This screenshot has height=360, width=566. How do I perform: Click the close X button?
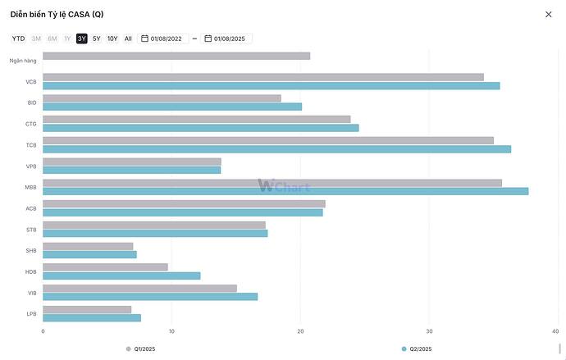(549, 14)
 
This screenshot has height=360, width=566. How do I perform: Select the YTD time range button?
(18, 39)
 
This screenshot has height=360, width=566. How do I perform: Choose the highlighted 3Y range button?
(82, 39)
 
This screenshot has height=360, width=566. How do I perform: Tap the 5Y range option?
(97, 39)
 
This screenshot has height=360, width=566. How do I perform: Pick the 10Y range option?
(112, 39)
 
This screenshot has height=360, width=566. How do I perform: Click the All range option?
(128, 39)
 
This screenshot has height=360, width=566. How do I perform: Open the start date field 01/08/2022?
(164, 39)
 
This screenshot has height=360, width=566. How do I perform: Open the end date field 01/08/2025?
(228, 39)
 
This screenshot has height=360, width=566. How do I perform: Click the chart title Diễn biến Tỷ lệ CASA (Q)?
(57, 14)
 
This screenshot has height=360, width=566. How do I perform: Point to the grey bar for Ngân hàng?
(176, 56)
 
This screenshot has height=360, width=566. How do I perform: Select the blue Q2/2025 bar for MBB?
(285, 191)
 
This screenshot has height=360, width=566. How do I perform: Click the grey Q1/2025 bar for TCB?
(268, 140)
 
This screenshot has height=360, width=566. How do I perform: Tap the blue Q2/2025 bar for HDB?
(121, 276)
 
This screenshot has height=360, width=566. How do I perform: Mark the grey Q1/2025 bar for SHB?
(88, 246)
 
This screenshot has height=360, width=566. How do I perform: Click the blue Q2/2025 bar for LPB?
(92, 317)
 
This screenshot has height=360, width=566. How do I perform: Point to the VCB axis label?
(31, 81)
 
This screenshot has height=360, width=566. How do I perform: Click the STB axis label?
(31, 229)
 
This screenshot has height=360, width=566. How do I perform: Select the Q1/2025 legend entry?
(140, 349)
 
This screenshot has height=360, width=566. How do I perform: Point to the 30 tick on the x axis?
(429, 331)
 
